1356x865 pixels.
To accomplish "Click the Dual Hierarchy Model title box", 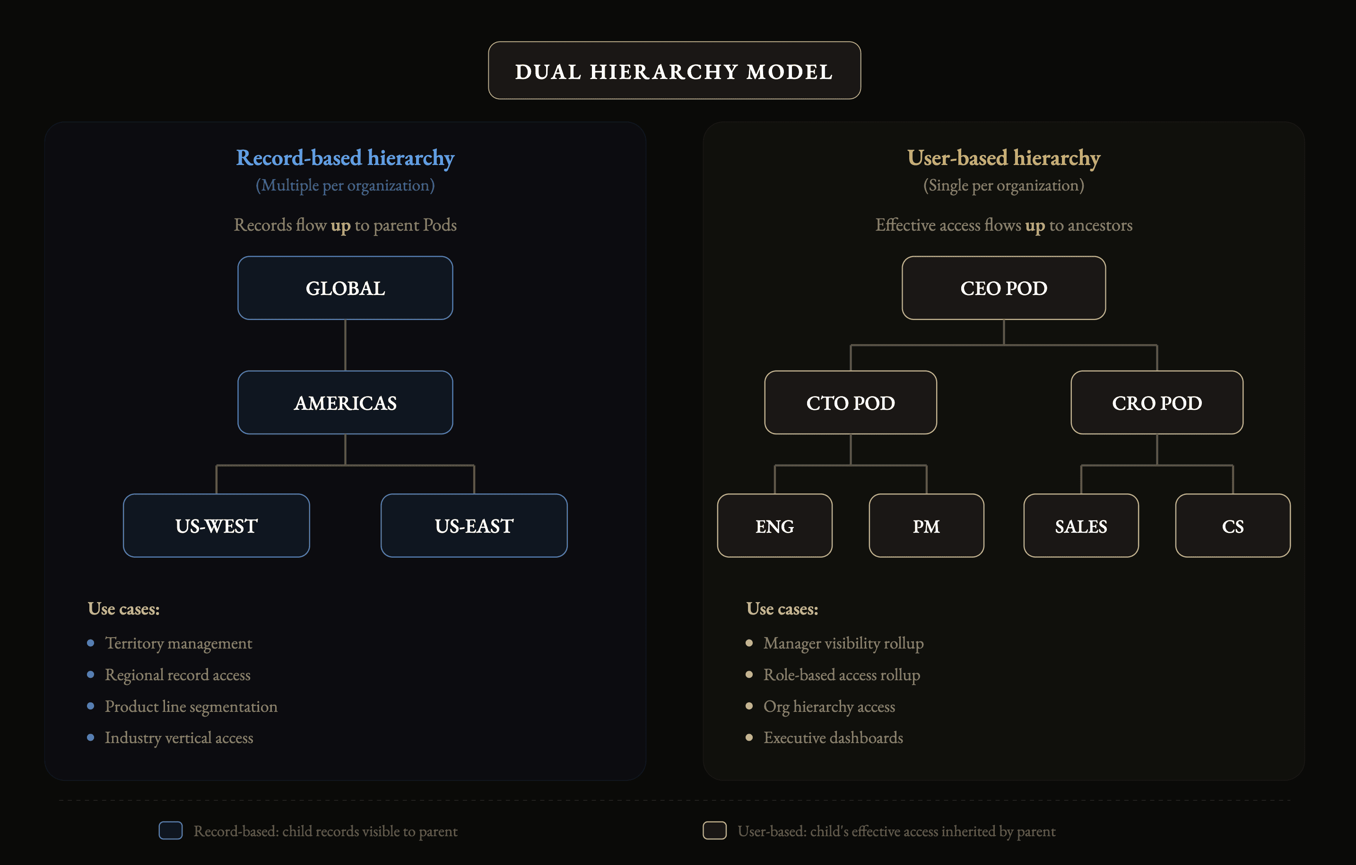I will (674, 71).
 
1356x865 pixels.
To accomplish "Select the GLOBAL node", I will (345, 288).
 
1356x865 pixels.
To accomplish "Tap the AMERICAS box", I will (345, 403).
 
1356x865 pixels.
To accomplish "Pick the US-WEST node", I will (216, 526).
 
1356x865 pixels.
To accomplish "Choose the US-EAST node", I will (474, 526).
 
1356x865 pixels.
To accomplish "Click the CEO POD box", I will (1003, 288).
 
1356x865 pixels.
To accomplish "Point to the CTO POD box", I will (850, 403).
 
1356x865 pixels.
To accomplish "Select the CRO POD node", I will (1156, 403).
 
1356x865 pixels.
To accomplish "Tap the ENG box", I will (774, 526).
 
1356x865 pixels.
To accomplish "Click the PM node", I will (926, 526).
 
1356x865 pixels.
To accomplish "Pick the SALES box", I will (1081, 526).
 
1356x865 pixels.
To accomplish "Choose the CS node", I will (1233, 526).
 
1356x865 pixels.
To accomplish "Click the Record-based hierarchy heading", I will (345, 158).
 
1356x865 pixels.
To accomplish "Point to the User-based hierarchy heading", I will (1003, 158).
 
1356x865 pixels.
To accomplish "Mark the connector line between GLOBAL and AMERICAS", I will (345, 345).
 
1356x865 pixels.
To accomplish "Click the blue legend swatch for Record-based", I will (171, 830).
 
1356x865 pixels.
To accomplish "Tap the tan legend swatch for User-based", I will (714, 830).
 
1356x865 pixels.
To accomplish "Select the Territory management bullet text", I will (179, 643).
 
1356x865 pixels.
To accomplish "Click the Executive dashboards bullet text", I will (833, 738).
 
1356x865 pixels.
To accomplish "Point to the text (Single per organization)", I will (1003, 185).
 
